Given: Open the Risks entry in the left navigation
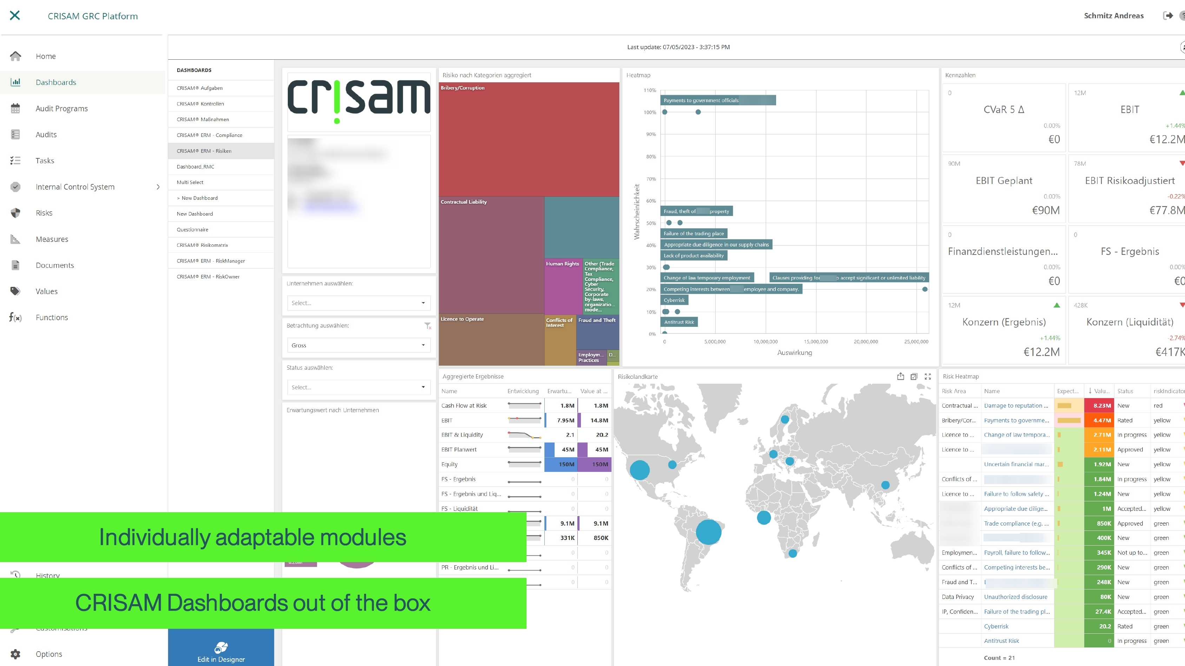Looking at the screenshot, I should tap(44, 213).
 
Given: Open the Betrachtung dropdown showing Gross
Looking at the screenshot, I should tap(358, 345).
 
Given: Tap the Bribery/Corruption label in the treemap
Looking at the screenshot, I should tap(462, 88).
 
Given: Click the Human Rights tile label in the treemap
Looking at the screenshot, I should tap(562, 264).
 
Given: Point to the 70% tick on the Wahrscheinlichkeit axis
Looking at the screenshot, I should tap(650, 179).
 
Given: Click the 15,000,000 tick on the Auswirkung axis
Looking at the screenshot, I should tap(816, 342).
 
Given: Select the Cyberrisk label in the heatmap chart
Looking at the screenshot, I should tap(674, 300).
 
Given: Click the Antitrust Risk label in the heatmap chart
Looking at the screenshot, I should tap(678, 322).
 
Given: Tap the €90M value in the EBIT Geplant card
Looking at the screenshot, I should tap(1045, 210).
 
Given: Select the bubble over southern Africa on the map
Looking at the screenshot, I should tap(793, 553).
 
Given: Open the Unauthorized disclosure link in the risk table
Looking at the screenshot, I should tap(1015, 597).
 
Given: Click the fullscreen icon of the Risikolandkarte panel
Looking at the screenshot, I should tap(927, 376).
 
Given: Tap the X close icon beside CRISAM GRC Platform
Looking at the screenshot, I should tap(15, 16).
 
